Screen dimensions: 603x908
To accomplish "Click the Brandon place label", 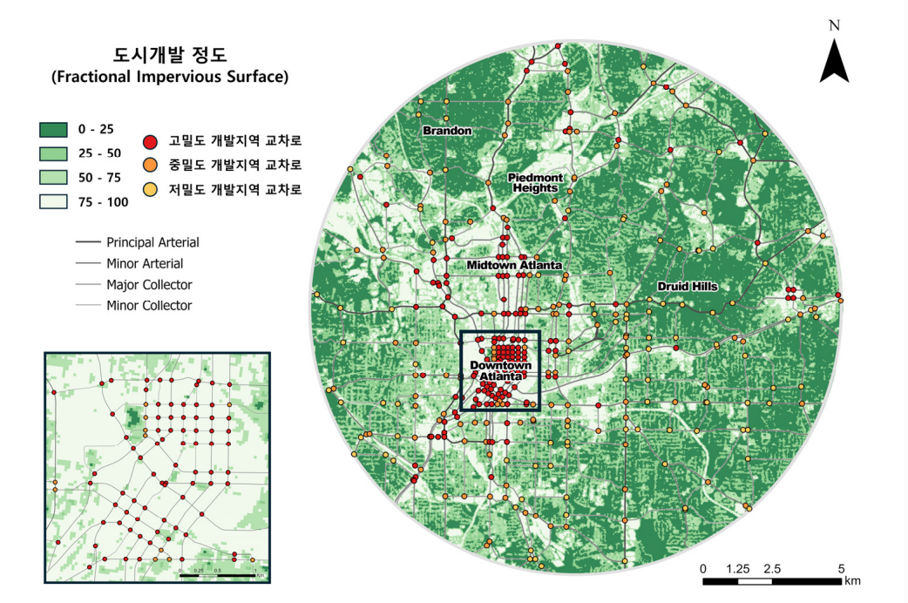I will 447,131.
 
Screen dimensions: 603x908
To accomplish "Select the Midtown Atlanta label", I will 514,264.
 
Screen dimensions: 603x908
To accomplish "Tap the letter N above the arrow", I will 834,25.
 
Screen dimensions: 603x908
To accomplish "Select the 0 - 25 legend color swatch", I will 55,130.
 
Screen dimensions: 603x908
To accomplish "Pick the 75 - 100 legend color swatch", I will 55,202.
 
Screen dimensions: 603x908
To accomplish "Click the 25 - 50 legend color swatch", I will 55,153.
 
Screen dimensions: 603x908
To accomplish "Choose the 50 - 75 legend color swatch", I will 55,178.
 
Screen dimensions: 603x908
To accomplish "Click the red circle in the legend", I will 150,142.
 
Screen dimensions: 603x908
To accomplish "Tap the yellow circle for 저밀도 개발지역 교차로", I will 150,189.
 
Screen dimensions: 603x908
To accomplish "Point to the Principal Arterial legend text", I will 152,242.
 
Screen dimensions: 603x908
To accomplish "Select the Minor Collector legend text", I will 149,305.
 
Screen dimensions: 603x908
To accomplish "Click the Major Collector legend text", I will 149,284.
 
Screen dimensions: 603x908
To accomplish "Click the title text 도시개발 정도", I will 165,55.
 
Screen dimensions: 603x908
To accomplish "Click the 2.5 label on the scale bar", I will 772,568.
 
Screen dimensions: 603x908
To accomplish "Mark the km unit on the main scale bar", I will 852,580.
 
